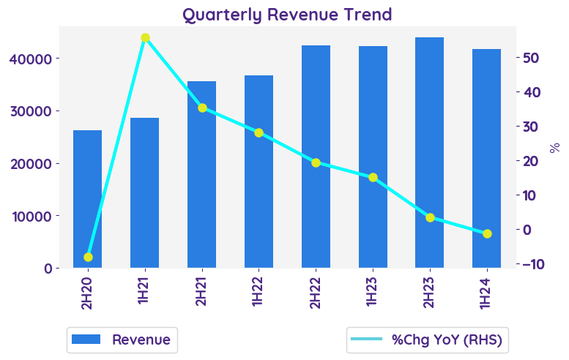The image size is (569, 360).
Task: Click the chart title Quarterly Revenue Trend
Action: click(x=287, y=15)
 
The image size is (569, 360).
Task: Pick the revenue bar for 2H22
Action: click(x=316, y=157)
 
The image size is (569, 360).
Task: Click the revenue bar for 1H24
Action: click(x=486, y=158)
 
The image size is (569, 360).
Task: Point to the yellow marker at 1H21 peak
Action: click(x=145, y=37)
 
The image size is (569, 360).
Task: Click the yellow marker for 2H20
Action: click(x=88, y=257)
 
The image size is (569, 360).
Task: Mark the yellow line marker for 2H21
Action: click(x=202, y=108)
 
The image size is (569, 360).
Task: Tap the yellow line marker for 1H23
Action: click(x=373, y=177)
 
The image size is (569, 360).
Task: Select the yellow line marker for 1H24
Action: click(x=487, y=233)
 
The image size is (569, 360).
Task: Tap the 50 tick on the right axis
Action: click(x=532, y=58)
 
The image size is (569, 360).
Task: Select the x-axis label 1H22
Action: click(x=259, y=291)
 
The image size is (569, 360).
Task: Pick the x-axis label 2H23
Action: click(x=430, y=291)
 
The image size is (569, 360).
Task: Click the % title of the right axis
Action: click(x=554, y=147)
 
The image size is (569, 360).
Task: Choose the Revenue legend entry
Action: click(x=122, y=340)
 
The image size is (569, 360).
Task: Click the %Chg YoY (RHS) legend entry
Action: click(x=429, y=340)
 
